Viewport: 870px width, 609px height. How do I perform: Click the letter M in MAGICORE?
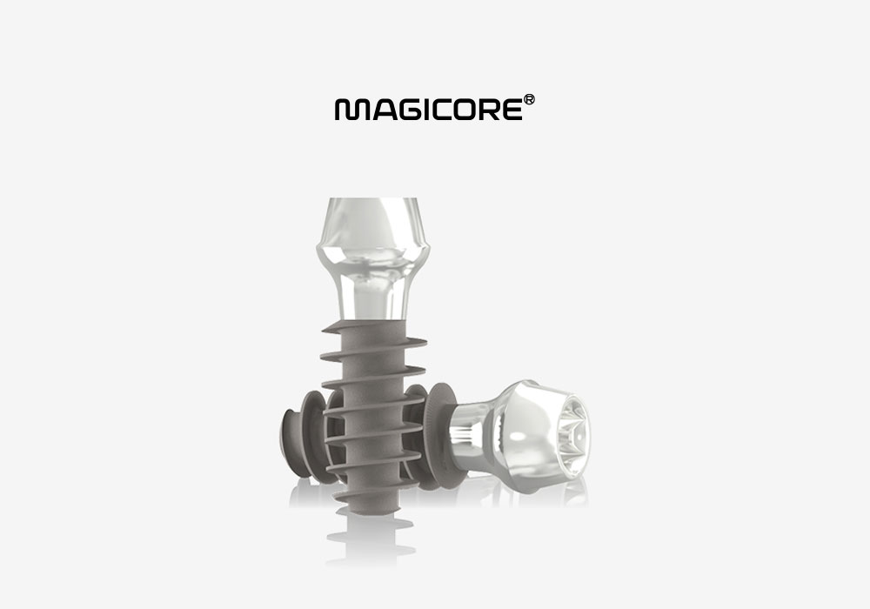pyautogui.click(x=349, y=110)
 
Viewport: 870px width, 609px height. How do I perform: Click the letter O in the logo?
pyautogui.click(x=461, y=110)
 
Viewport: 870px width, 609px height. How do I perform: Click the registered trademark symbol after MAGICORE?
pyautogui.click(x=529, y=100)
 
